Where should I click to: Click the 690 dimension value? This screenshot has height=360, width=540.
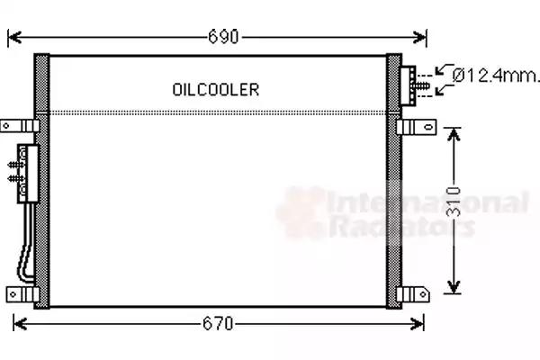click(223, 37)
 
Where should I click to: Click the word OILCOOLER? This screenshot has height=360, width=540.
click(215, 89)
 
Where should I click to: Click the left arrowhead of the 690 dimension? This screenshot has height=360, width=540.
click(13, 37)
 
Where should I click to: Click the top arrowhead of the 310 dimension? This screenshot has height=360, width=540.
click(456, 132)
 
